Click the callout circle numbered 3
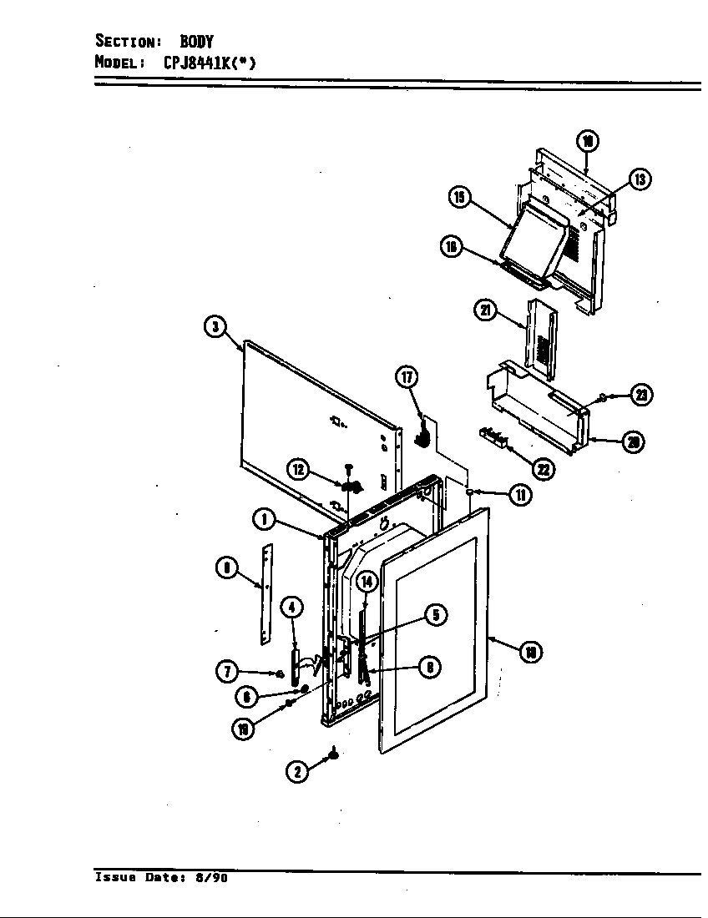pyautogui.click(x=216, y=327)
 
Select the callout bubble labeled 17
pyautogui.click(x=406, y=378)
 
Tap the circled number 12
pyautogui.click(x=299, y=469)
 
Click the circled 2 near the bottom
pyautogui.click(x=296, y=772)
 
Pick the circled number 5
pyautogui.click(x=435, y=615)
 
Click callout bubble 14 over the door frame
pyautogui.click(x=366, y=581)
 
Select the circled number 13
pyautogui.click(x=640, y=179)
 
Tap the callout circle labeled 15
pyautogui.click(x=458, y=197)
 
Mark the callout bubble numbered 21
pyautogui.click(x=486, y=311)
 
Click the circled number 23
pyautogui.click(x=641, y=395)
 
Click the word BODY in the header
pyautogui.click(x=197, y=41)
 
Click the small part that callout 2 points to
pyautogui.click(x=334, y=754)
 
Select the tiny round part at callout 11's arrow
pyautogui.click(x=470, y=492)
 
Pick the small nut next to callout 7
pyautogui.click(x=280, y=673)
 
